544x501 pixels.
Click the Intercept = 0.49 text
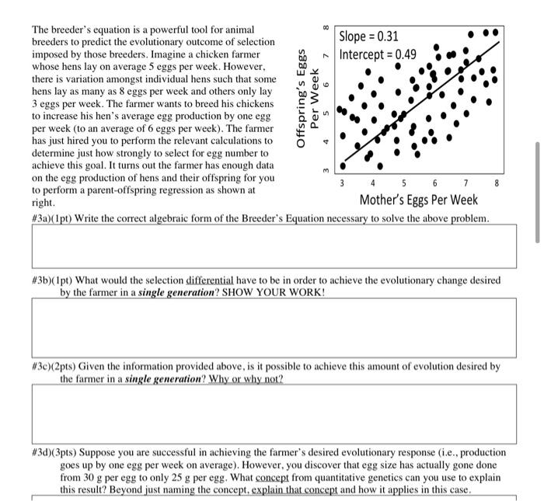tap(378, 54)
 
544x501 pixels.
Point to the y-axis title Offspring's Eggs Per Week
tap(308, 101)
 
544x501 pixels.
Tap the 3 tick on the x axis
tap(341, 184)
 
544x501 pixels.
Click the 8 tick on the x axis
tap(497, 184)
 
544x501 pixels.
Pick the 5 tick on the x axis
tap(403, 184)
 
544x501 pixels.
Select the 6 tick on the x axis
tap(434, 184)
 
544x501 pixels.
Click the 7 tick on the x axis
tap(466, 184)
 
